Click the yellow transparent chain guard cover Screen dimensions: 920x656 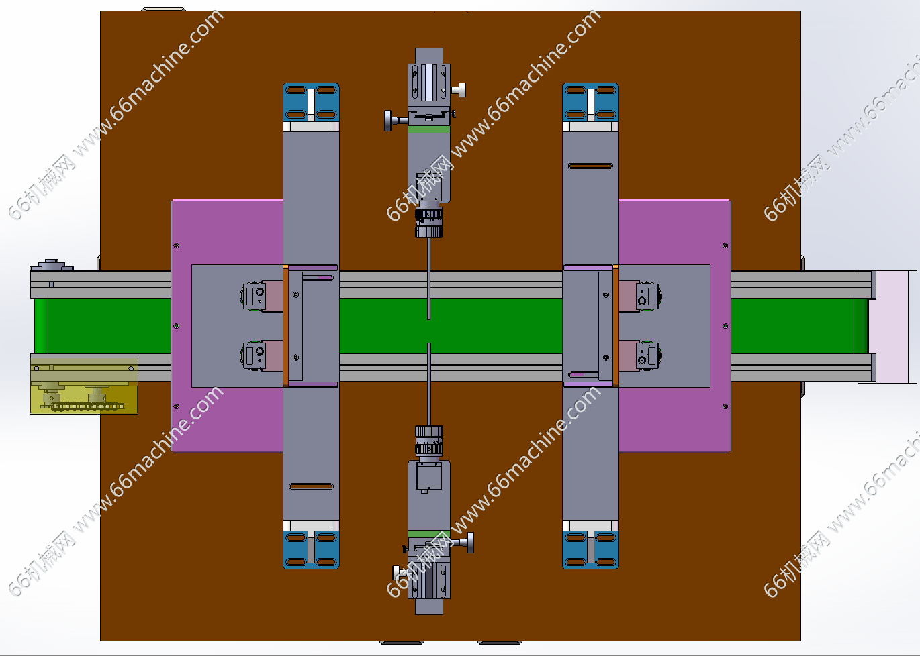pyautogui.click(x=84, y=386)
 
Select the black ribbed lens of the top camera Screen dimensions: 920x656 pyautogui.click(x=429, y=223)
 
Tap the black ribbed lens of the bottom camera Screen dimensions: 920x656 pyautogui.click(x=429, y=440)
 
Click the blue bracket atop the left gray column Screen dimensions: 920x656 pyautogui.click(x=311, y=102)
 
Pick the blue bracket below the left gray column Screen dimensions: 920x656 pyautogui.click(x=311, y=550)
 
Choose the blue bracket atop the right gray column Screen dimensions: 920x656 pyautogui.click(x=590, y=102)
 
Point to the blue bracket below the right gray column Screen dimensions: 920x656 pyautogui.click(x=590, y=550)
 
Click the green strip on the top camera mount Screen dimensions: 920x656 pyautogui.click(x=429, y=129)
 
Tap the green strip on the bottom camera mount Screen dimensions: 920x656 pyautogui.click(x=429, y=534)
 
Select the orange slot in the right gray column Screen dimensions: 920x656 pyautogui.click(x=590, y=166)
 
